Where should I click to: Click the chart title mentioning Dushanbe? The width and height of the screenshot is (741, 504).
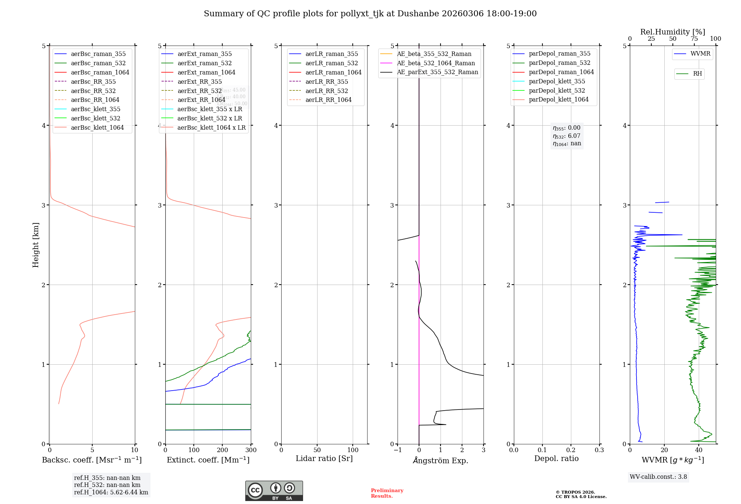pos(370,14)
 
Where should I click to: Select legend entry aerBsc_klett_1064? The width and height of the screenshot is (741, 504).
pos(97,127)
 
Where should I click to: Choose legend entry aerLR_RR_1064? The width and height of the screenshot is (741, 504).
pos(328,100)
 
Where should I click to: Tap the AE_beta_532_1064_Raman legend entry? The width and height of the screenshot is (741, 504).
pos(436,63)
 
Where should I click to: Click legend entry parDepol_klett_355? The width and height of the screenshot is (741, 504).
pos(557,81)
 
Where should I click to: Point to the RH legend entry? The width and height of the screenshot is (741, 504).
pos(697,74)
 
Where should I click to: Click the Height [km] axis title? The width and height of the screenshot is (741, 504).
pos(36,245)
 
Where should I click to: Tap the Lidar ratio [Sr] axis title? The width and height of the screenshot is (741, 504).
pos(324,458)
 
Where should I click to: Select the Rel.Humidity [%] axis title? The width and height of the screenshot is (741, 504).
pos(672,32)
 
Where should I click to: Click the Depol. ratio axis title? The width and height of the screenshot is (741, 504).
pos(556,458)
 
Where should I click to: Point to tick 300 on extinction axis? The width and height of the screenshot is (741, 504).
pos(251,450)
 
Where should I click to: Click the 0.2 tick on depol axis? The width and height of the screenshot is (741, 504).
pos(571,450)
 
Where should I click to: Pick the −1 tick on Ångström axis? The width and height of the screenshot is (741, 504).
pos(398,450)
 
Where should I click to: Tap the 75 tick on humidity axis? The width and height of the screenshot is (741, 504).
pos(694,39)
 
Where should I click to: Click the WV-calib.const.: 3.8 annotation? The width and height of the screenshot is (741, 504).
pos(658,477)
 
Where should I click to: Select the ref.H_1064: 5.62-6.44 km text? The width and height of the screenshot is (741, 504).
pos(111,492)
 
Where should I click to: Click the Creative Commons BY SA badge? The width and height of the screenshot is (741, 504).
pos(274,491)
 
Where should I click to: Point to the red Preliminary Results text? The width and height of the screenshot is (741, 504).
pos(387,493)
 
